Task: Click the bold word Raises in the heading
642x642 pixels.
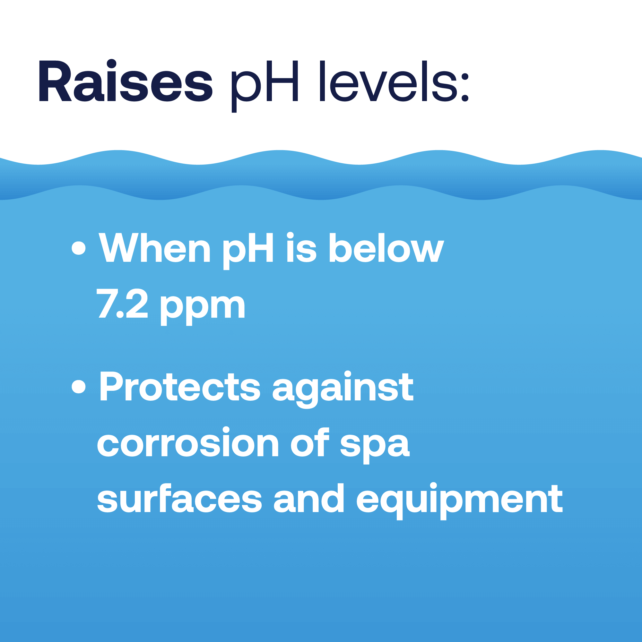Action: click(126, 81)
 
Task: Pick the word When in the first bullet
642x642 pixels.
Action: click(155, 248)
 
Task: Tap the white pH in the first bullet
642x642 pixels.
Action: click(248, 251)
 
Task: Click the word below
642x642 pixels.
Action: click(386, 248)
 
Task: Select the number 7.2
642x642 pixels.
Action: click(122, 303)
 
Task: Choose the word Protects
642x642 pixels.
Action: click(179, 386)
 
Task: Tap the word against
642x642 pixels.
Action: click(343, 389)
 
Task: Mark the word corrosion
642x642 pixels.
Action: click(187, 442)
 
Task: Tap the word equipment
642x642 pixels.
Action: click(459, 501)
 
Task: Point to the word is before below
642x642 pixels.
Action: click(301, 247)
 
